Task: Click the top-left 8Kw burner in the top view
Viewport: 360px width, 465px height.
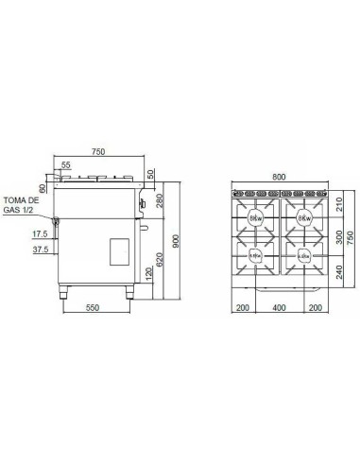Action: coord(256,218)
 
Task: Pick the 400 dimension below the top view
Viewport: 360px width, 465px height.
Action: coord(278,308)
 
